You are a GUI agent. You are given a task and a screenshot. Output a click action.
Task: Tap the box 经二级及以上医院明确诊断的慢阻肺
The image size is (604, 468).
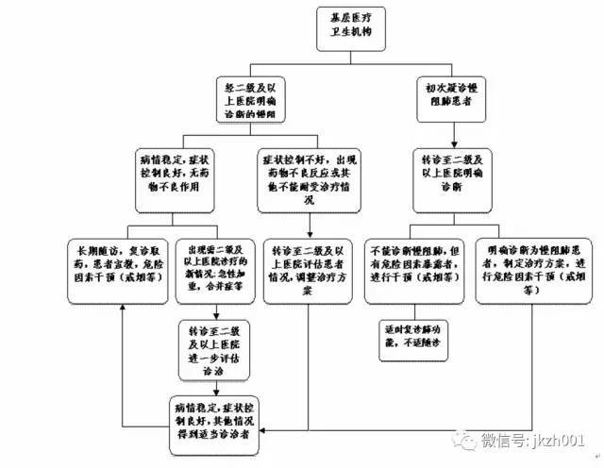[250, 97]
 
